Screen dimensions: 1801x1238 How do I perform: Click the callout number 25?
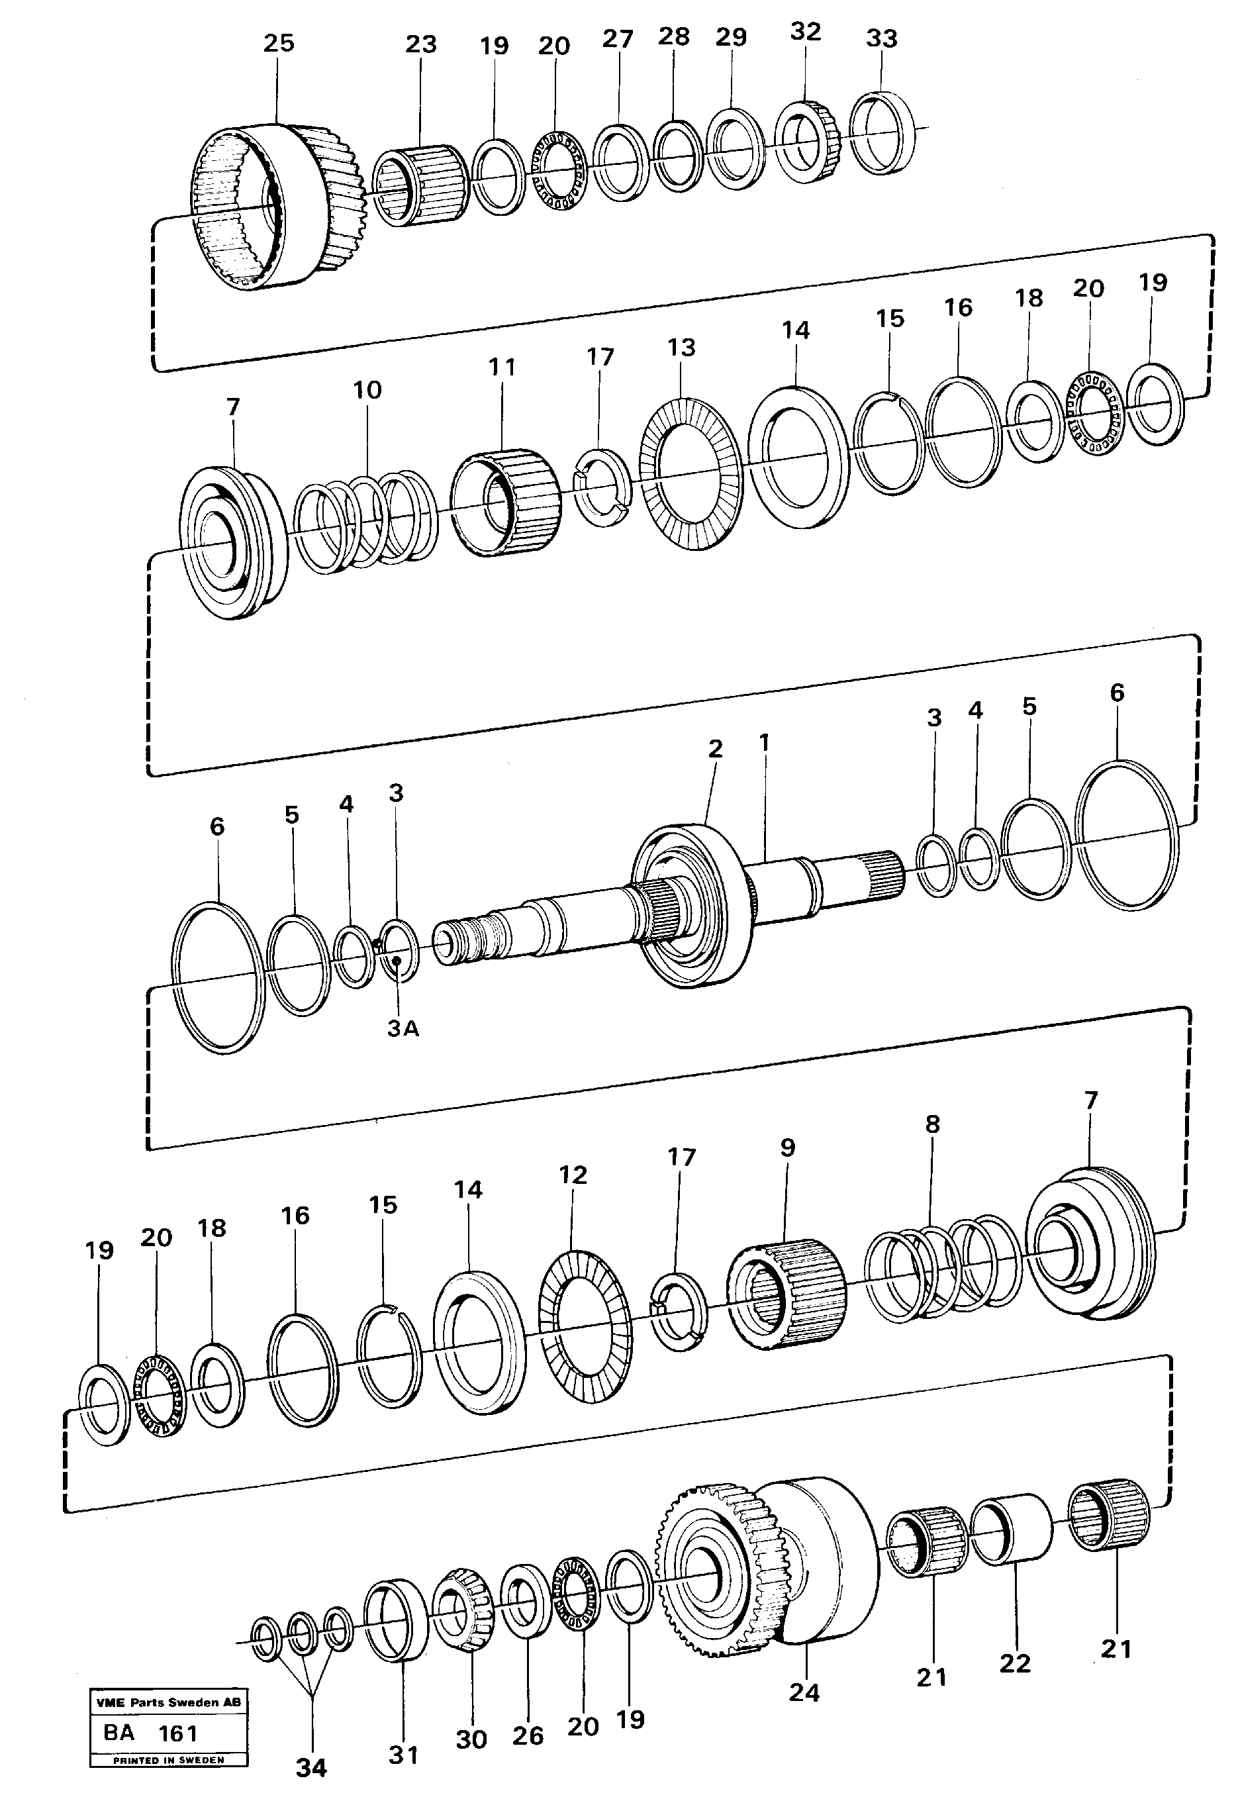tap(279, 44)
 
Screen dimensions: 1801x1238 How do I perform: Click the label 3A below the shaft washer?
tap(403, 1028)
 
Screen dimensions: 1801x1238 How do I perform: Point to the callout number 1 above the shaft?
tap(764, 743)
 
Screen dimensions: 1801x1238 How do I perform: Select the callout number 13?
tap(681, 348)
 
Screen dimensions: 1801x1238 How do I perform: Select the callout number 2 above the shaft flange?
tap(715, 750)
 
